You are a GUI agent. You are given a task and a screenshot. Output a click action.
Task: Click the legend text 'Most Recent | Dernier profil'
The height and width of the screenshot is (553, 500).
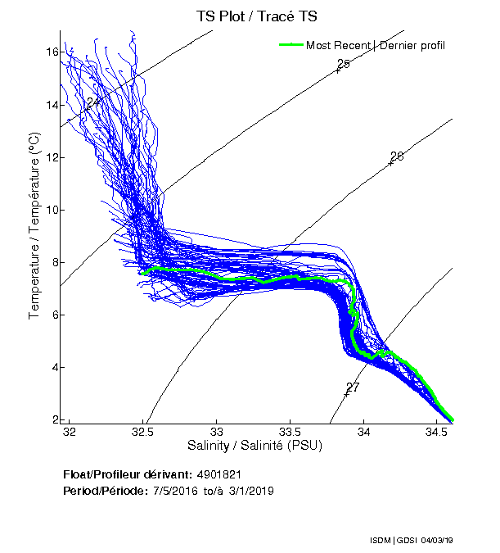pyautogui.click(x=376, y=44)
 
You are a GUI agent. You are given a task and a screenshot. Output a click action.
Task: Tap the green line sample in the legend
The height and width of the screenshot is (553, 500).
pyautogui.click(x=291, y=44)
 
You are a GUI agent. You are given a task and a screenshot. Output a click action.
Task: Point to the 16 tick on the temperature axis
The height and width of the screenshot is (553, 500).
pyautogui.click(x=52, y=52)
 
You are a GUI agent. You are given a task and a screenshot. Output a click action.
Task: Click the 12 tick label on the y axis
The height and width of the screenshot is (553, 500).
pyautogui.click(x=52, y=157)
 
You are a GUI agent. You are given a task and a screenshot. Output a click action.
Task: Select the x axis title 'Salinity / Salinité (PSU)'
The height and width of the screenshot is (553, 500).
pyautogui.click(x=255, y=446)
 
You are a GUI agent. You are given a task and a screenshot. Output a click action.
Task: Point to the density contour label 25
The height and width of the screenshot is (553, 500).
pyautogui.click(x=344, y=64)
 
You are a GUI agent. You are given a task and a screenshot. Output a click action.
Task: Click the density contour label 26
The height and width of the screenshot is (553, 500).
pyautogui.click(x=397, y=156)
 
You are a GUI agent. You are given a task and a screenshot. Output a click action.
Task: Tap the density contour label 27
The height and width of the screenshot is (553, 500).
pyautogui.click(x=353, y=388)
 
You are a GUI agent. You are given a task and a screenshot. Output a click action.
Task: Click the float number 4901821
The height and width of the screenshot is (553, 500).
pyautogui.click(x=218, y=474)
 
